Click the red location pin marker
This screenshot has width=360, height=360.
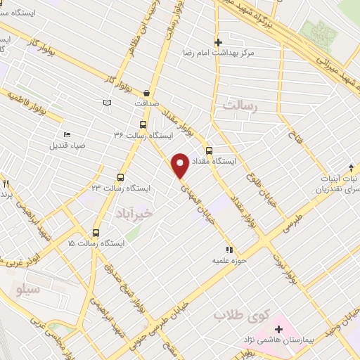tap(180, 165)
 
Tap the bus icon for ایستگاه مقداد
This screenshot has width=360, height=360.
tap(209, 150)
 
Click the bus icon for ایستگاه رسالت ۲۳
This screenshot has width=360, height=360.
tap(120, 177)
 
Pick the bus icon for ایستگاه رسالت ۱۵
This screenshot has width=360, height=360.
tap(96, 232)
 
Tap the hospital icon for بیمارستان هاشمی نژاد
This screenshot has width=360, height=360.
tap(278, 329)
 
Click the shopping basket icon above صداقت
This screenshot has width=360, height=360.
tap(146, 92)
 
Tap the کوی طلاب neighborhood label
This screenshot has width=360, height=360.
tap(232, 315)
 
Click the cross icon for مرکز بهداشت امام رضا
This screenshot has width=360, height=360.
tap(219, 42)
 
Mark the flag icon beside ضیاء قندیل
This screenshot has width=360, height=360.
tap(67, 134)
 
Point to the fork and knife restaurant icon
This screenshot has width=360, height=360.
tap(6, 184)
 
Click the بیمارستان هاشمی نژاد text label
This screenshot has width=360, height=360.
tap(309, 340)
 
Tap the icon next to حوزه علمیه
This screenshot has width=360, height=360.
tap(229, 250)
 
